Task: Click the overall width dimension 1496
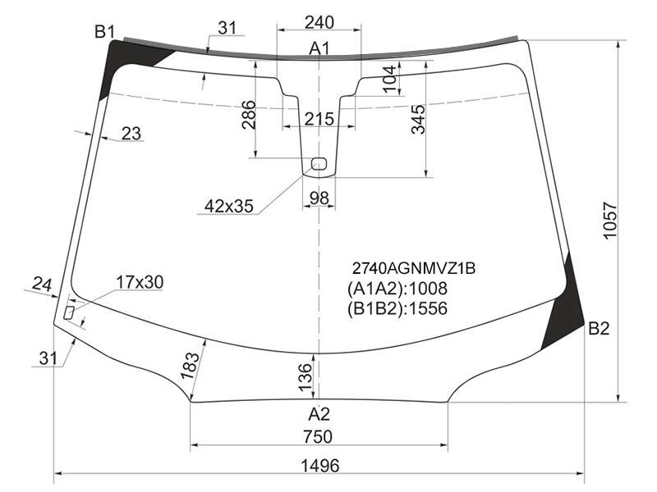point(319,465)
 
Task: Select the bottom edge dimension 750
point(318,437)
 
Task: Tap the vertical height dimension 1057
point(610,221)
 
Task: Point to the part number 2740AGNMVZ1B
point(413,268)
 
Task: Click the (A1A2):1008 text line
point(397,289)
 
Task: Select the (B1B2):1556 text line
point(397,308)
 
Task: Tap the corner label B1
point(104,31)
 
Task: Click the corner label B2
point(599,329)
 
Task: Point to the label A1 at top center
point(319,48)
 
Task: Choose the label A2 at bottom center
point(319,414)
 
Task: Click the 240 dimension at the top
point(319,22)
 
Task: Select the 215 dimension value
point(319,119)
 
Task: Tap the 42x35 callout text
point(229,206)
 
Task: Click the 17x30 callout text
point(140,282)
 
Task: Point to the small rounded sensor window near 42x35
point(319,163)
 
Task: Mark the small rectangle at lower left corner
point(69,312)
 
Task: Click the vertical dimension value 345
point(418,120)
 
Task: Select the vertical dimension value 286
point(249,115)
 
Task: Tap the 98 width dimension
point(319,198)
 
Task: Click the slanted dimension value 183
point(190,365)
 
